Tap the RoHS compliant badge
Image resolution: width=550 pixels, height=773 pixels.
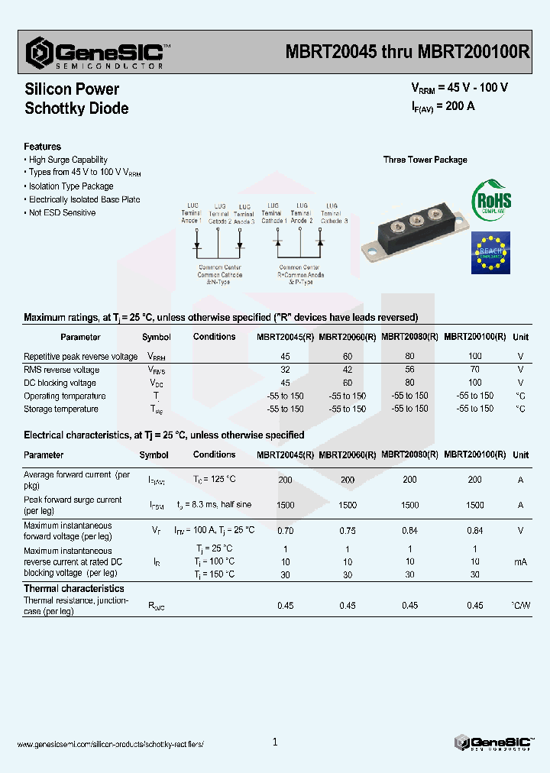click(x=491, y=200)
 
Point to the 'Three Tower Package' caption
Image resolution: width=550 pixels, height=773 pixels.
click(x=425, y=160)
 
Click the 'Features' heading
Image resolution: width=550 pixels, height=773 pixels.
click(x=42, y=146)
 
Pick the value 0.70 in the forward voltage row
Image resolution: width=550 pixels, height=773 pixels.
click(x=285, y=530)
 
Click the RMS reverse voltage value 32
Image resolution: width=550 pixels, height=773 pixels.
click(x=285, y=370)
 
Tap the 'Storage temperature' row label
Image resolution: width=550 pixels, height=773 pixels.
click(x=61, y=409)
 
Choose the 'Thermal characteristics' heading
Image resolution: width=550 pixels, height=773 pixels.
click(x=73, y=588)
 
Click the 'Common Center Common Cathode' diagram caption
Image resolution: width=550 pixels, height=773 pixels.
click(x=220, y=271)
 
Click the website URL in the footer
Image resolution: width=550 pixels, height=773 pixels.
click(x=110, y=743)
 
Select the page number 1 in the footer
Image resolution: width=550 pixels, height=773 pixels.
click(x=275, y=742)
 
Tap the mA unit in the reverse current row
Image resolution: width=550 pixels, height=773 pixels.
click(x=520, y=561)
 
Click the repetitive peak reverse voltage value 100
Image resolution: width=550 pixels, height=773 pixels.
click(x=474, y=356)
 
